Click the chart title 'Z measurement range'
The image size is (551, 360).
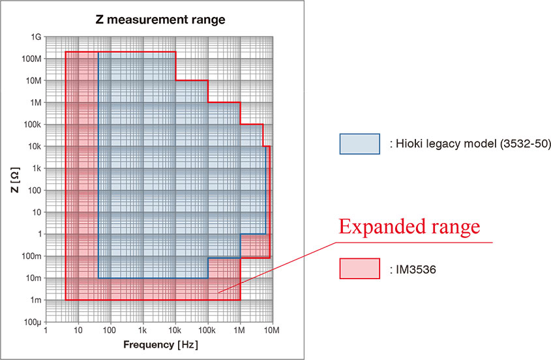(160, 20)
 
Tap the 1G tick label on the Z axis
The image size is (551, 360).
(35, 37)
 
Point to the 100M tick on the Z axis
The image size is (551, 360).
(31, 59)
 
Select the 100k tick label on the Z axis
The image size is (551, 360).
(32, 125)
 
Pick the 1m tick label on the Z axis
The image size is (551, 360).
(35, 300)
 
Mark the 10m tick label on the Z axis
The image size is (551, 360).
(33, 278)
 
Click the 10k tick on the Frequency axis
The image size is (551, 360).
(175, 331)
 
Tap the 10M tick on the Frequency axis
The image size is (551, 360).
(272, 331)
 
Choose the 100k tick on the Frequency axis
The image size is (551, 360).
(207, 331)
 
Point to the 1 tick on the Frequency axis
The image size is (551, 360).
(46, 331)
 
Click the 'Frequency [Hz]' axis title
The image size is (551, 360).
(160, 344)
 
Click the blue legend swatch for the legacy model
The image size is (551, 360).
(359, 143)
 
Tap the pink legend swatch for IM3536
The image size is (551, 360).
(359, 269)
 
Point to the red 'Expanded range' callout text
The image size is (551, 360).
(409, 227)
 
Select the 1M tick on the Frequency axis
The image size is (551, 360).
(240, 331)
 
